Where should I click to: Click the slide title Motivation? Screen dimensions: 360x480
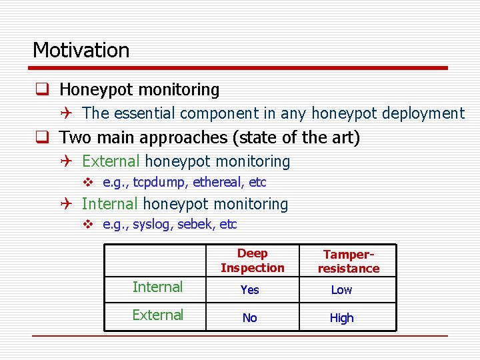click(81, 50)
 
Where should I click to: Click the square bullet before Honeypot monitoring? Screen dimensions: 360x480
click(41, 89)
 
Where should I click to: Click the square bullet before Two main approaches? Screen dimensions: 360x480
click(41, 138)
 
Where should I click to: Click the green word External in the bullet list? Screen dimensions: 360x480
click(111, 161)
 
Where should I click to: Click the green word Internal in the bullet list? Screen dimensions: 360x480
click(109, 204)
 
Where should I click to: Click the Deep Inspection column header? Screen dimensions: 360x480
click(252, 261)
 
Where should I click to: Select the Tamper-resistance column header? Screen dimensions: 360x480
click(348, 261)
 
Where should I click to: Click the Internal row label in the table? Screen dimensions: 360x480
click(157, 287)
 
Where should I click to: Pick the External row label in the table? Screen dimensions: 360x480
click(157, 315)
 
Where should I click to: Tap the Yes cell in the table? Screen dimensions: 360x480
click(249, 290)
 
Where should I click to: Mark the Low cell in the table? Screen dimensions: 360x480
click(341, 290)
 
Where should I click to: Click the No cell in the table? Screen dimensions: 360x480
click(249, 318)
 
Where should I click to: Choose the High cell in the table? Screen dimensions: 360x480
click(341, 318)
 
